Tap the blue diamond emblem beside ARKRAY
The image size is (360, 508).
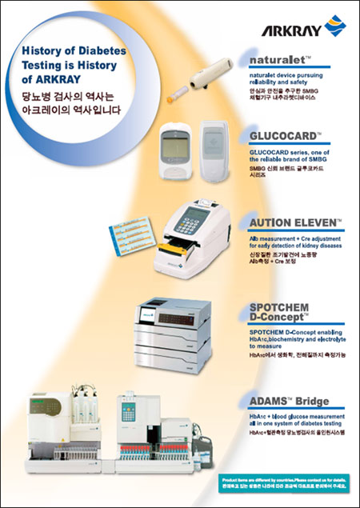[x=334, y=29]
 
